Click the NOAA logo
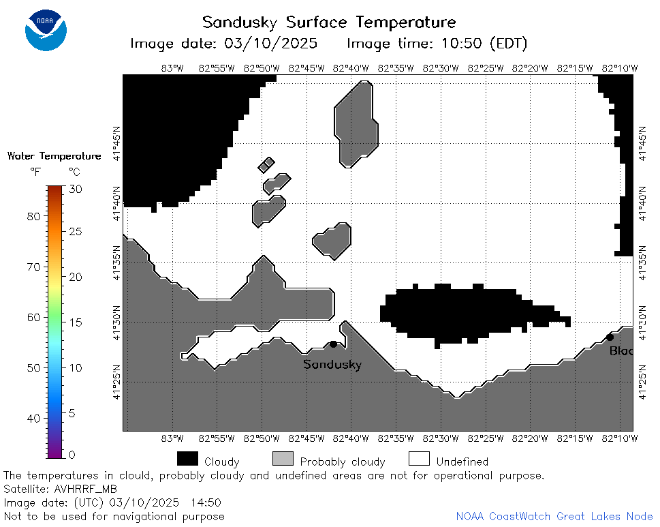[x=46, y=30]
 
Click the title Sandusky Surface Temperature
[x=329, y=22]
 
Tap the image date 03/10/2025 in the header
[x=270, y=44]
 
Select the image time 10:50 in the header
[x=461, y=44]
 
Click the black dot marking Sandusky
[x=333, y=344]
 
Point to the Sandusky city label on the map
[x=332, y=364]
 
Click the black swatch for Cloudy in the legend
[x=187, y=459]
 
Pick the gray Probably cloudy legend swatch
[x=283, y=459]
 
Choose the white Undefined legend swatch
[x=420, y=459]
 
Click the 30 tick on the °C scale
[x=76, y=189]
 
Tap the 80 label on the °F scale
[x=33, y=217]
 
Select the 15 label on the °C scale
[x=76, y=322]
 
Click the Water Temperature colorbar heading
[x=54, y=156]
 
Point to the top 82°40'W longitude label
[x=351, y=68]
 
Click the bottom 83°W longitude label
[x=172, y=438]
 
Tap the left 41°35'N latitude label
[x=116, y=263]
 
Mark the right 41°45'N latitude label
[x=642, y=143]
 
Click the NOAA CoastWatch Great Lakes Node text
[x=554, y=517]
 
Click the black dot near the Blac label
[x=610, y=337]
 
